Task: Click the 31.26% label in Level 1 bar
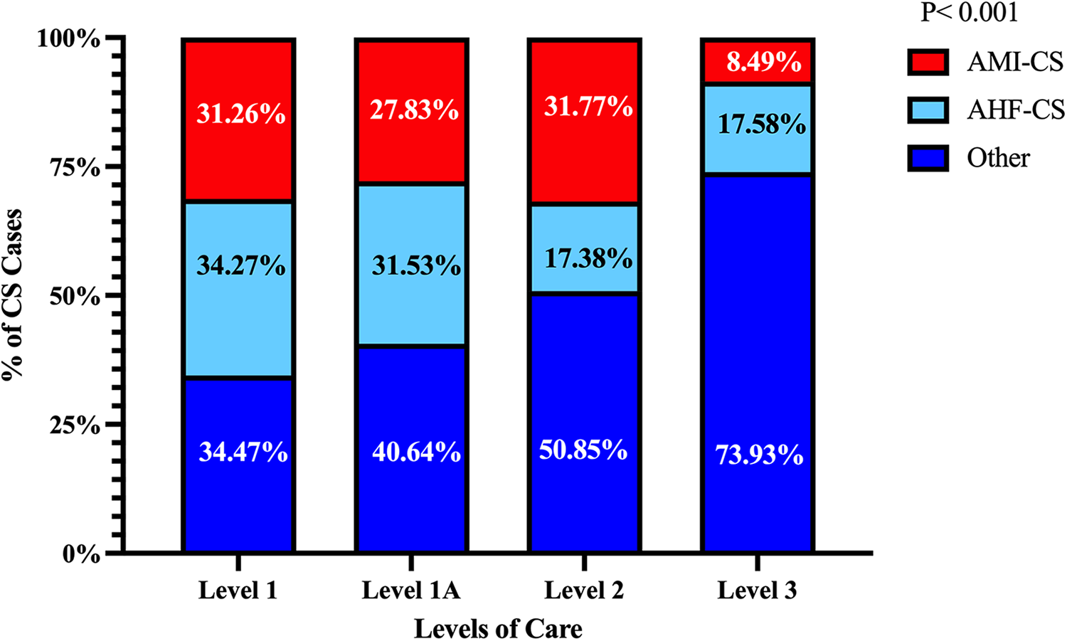[240, 114]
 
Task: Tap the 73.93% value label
[758, 455]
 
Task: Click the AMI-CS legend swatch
[928, 63]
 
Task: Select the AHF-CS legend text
[1015, 110]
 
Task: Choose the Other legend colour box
[928, 158]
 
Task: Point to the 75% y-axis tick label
[74, 167]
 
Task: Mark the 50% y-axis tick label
[74, 296]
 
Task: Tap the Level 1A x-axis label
[411, 590]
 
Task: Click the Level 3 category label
[757, 590]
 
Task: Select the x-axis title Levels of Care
[498, 629]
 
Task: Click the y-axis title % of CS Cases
[13, 295]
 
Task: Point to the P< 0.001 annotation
[969, 13]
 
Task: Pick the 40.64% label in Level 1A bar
[416, 452]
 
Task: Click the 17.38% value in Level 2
[588, 258]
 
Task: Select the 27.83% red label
[413, 110]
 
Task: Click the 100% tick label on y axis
[68, 38]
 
